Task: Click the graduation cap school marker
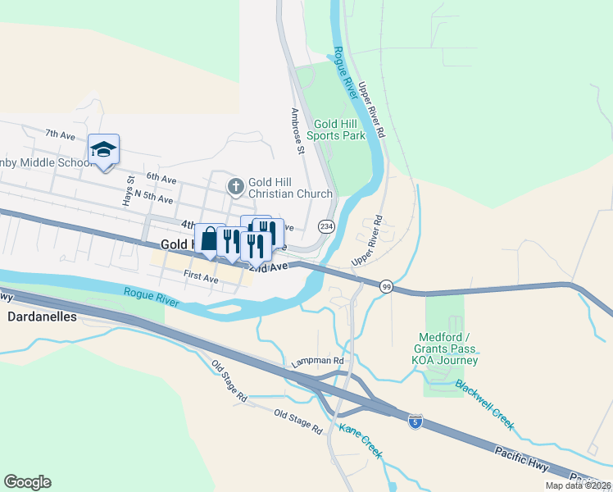104,150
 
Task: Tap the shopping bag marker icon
210,239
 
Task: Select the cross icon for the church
236,187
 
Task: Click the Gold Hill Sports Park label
336,129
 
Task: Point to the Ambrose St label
297,131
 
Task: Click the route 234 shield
326,226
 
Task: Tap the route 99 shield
386,286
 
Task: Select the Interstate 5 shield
415,422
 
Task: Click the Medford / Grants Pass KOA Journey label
448,348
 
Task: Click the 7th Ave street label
60,133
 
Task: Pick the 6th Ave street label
161,178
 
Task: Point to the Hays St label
129,191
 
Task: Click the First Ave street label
201,278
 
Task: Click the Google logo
27,482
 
